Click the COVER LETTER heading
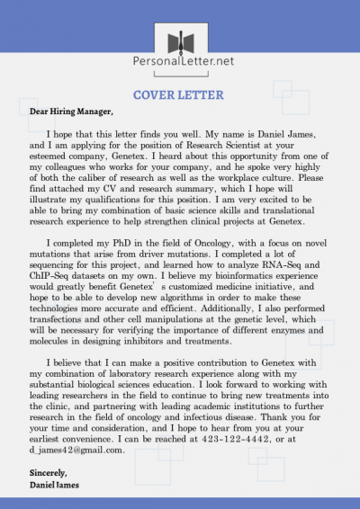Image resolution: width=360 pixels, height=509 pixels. [x=180, y=94]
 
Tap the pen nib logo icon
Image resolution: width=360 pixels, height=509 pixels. [x=180, y=40]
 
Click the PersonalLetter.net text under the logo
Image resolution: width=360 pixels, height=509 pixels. [x=180, y=62]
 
